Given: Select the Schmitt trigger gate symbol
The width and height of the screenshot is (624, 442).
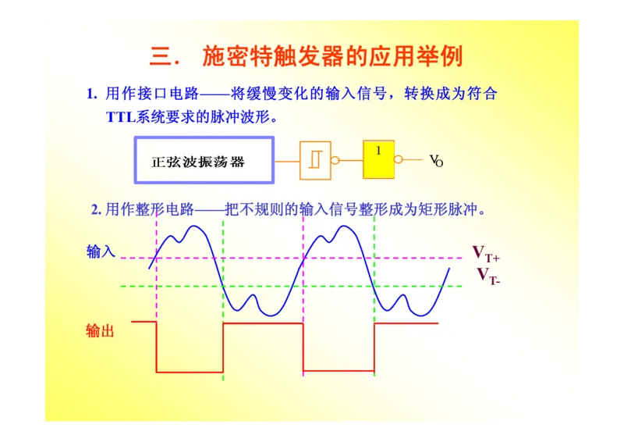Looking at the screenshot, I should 315,160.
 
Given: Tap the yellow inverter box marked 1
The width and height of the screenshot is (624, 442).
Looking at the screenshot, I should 378,159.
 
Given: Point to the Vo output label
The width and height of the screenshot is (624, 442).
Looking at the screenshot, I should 436,161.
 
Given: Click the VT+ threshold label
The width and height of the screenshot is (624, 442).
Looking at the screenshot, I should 485,253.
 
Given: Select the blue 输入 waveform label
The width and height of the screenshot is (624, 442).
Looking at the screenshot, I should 101,251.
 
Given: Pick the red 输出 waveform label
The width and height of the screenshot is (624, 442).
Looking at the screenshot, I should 101,331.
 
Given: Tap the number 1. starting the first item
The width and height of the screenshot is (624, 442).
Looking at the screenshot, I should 91,94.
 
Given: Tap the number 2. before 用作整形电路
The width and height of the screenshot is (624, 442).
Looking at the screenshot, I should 96,209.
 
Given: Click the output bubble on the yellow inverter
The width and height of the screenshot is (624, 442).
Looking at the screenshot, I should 399,159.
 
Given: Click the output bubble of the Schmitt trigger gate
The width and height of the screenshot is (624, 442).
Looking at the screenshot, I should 335,161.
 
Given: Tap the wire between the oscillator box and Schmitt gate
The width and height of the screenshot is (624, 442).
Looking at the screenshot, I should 287,161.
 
